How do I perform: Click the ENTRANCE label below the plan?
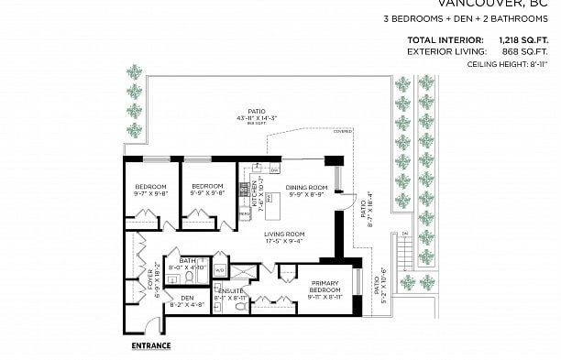[x=151, y=345]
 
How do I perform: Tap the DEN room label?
[x=187, y=298]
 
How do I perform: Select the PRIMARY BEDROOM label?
[x=325, y=286]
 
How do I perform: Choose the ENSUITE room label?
[x=230, y=290]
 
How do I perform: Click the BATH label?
[x=187, y=261]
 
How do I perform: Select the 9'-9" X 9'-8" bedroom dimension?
[x=207, y=193]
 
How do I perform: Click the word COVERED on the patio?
[x=343, y=131]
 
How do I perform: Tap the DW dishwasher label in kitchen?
[x=273, y=170]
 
